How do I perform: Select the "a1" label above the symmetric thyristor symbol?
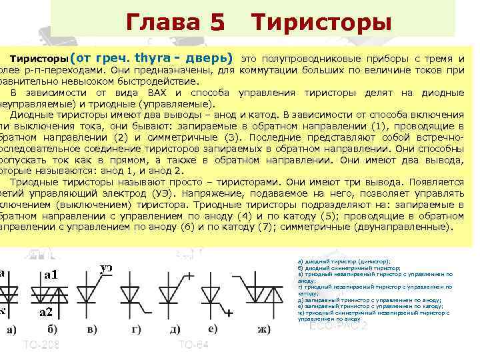[x=51, y=274]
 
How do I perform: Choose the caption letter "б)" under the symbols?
[x=51, y=329]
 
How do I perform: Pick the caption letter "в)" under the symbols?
[x=92, y=329]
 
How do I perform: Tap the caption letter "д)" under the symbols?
[x=175, y=329]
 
